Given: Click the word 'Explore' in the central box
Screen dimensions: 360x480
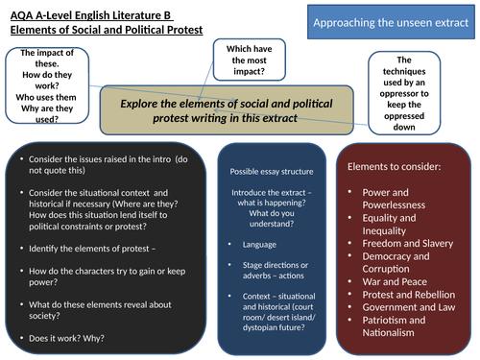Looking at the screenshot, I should click(x=145, y=103).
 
